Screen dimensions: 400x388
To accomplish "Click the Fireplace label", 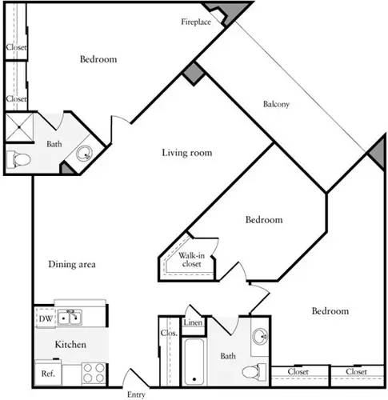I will (x=195, y=22).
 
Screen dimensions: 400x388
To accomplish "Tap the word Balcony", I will (x=276, y=104).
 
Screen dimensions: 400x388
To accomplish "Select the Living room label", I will (x=186, y=153).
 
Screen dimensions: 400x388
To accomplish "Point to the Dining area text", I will (x=73, y=265).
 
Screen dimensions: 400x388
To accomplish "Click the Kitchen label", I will (x=70, y=344).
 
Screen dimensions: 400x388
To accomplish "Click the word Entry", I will (x=138, y=394).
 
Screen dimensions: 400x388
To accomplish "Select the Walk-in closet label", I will (x=190, y=259).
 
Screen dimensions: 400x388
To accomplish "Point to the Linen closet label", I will (x=193, y=323).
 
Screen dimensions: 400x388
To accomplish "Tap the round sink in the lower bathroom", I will (x=260, y=336).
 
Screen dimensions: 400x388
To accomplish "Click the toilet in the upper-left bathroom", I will (x=17, y=159).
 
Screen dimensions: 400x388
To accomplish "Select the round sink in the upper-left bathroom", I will (x=85, y=154).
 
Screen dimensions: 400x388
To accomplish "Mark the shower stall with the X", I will (x=17, y=126).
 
